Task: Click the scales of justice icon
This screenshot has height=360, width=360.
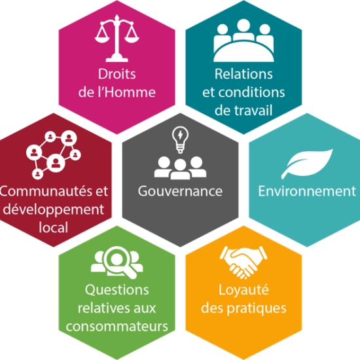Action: click(117, 39)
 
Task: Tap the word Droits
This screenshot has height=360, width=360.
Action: click(117, 74)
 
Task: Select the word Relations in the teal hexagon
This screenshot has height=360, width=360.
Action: click(243, 74)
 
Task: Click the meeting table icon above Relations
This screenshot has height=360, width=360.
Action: click(243, 41)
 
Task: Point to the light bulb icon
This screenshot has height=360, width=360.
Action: click(180, 139)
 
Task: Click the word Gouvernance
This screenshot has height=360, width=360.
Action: click(180, 191)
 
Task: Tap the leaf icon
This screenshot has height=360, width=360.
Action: click(307, 164)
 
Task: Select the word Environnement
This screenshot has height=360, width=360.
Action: click(307, 191)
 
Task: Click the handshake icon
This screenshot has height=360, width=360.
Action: click(243, 262)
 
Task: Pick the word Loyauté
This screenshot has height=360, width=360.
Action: click(243, 290)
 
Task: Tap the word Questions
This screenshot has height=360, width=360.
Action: click(117, 290)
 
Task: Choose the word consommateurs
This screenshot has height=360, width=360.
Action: click(117, 327)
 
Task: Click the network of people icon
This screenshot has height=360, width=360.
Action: click(54, 155)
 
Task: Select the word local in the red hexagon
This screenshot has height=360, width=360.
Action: click(54, 227)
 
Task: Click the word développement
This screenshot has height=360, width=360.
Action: click(54, 209)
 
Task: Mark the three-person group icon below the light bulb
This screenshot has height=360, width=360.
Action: click(180, 168)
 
